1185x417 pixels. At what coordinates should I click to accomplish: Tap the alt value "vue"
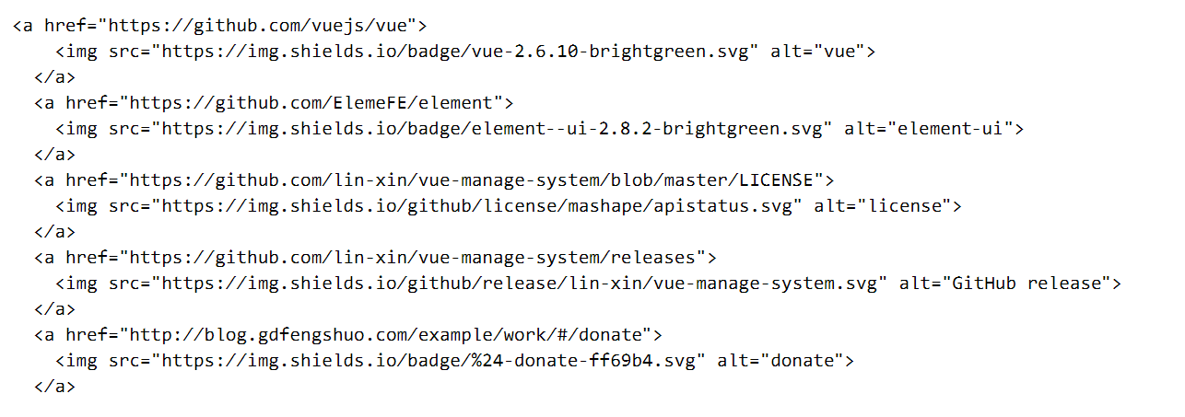pyautogui.click(x=839, y=52)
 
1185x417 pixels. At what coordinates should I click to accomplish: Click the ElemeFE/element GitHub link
pyautogui.click(x=312, y=103)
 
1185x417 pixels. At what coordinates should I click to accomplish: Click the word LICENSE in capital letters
pyautogui.click(x=778, y=180)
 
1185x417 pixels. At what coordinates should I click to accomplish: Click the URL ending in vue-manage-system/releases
pyautogui.click(x=416, y=258)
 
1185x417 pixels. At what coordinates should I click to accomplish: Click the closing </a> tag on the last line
pyautogui.click(x=55, y=387)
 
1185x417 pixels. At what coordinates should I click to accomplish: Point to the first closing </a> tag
pyautogui.click(x=55, y=77)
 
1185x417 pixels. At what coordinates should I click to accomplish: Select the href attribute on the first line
pyautogui.click(x=65, y=26)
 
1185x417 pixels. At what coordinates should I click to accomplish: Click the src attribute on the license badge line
pyautogui.click(x=124, y=206)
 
